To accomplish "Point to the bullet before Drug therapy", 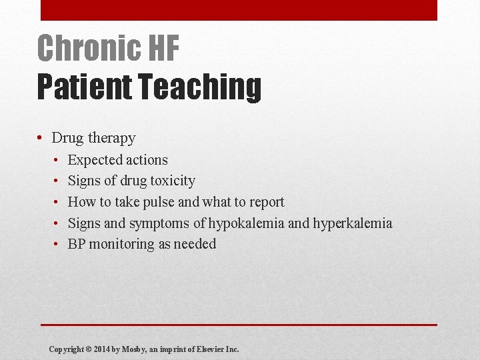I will click(x=41, y=138).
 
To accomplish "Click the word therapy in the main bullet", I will click(x=112, y=138).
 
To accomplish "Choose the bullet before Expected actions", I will click(x=57, y=160).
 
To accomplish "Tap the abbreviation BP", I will click(x=77, y=244).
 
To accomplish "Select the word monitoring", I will click(x=121, y=244).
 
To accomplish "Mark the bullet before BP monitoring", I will click(x=57, y=244).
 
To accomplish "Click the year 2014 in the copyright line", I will click(x=102, y=349).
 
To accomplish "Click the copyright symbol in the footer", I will click(x=88, y=349).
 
